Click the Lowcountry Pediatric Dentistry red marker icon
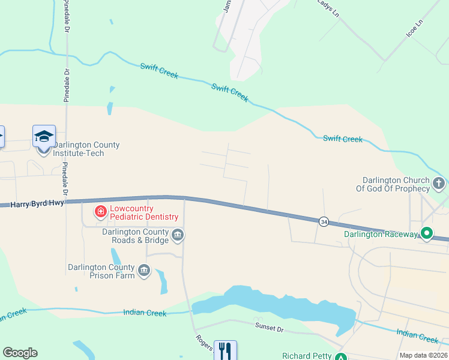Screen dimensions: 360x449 click(100, 212)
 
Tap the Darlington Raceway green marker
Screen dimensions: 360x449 click(427, 233)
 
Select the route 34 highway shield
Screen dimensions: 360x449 click(324, 221)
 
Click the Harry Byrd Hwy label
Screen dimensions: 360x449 click(36, 205)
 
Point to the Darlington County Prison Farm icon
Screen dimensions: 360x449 click(144, 271)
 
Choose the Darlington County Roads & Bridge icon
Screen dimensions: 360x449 click(178, 235)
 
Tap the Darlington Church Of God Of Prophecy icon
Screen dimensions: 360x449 click(439, 184)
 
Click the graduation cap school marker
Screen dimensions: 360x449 click(44, 137)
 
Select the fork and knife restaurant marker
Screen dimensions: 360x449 click(225, 350)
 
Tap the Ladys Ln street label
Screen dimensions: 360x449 click(329, 8)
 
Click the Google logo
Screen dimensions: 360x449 click(20, 353)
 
